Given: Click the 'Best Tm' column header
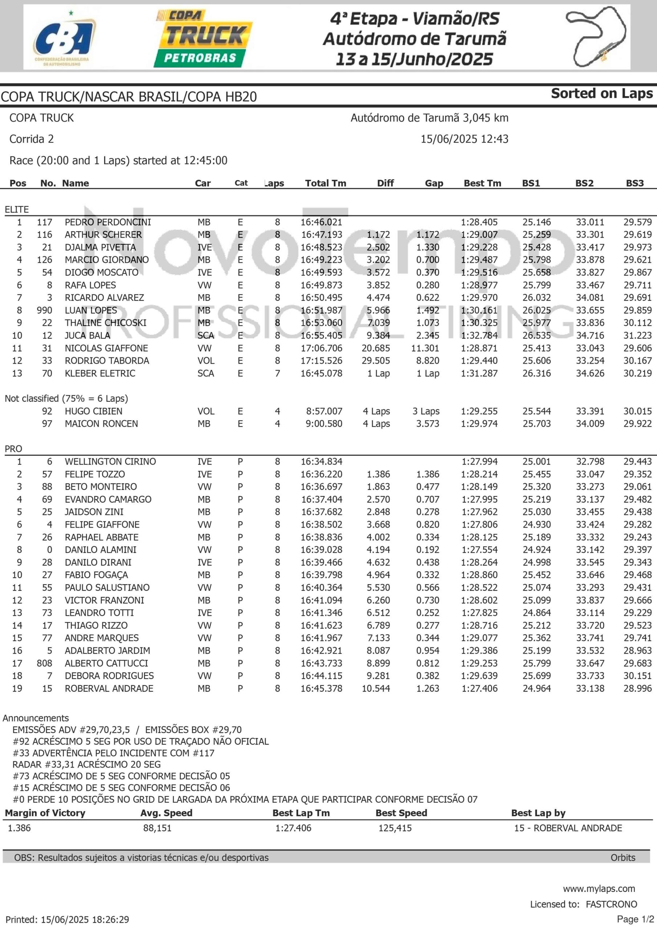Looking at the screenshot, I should pos(482,183).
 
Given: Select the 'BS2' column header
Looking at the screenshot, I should pos(584,183).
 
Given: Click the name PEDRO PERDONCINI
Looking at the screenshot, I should pos(108,222).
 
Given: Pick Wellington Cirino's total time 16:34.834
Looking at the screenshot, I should pos(321,462).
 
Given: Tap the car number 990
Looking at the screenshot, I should pos(45,310).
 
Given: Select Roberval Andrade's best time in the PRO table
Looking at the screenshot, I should pos(479,689).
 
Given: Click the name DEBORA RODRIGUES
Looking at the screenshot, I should pos(109,676).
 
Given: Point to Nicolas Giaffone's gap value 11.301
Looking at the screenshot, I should pos(425,348).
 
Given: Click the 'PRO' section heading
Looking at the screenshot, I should pos(13,449).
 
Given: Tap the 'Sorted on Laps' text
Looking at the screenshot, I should pos(601,94).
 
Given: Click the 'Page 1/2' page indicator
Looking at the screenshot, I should pos(635,919).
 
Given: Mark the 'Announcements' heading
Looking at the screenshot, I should pos(36,718).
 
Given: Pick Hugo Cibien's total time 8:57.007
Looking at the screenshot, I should pos(324,411).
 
